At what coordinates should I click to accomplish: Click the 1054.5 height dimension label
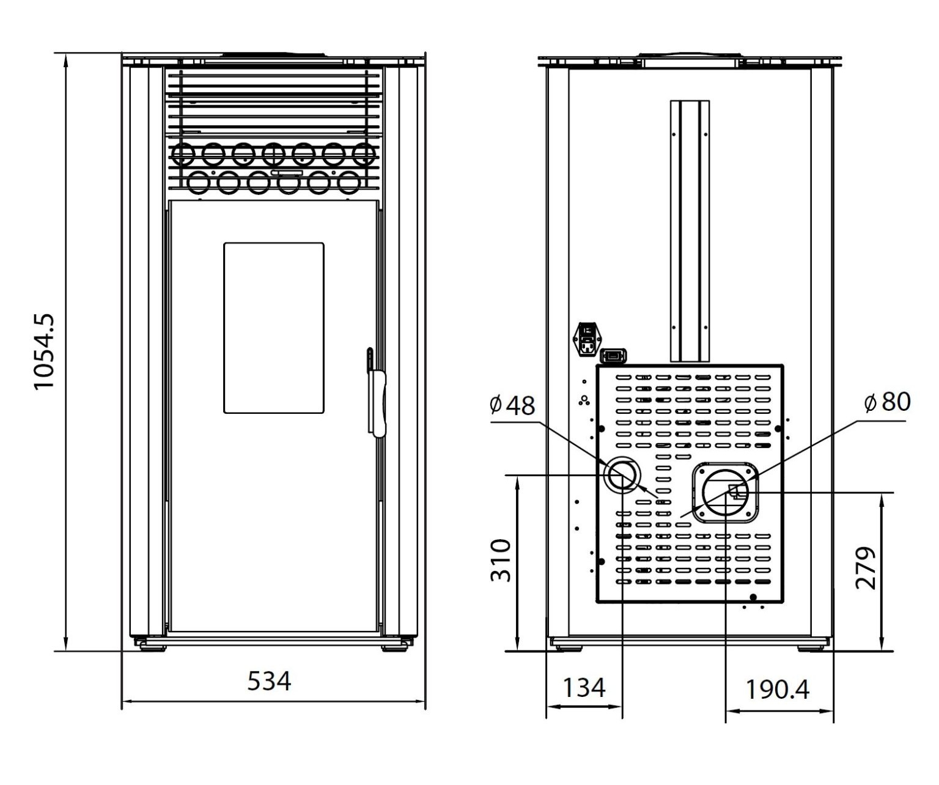coord(45,352)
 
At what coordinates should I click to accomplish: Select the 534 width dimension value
coord(269,680)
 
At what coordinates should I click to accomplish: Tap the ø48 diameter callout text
coord(512,405)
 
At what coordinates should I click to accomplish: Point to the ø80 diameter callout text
coord(888,402)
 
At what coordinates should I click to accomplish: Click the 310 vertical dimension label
coord(501,560)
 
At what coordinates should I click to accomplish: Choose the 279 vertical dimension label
coord(866,568)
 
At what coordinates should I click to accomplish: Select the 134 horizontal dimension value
coord(583,687)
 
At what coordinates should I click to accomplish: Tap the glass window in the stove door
coord(273,328)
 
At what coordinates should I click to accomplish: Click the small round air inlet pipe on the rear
coord(622,475)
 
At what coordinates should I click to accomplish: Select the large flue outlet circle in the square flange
coord(726,493)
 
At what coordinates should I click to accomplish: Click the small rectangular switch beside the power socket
coord(614,355)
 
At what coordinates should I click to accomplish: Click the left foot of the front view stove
coord(151,646)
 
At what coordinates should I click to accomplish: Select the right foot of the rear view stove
coord(812,647)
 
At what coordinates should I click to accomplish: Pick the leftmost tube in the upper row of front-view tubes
coord(183,154)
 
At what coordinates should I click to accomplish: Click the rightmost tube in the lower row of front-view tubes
coord(348,182)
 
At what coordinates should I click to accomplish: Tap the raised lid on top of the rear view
coord(690,58)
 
